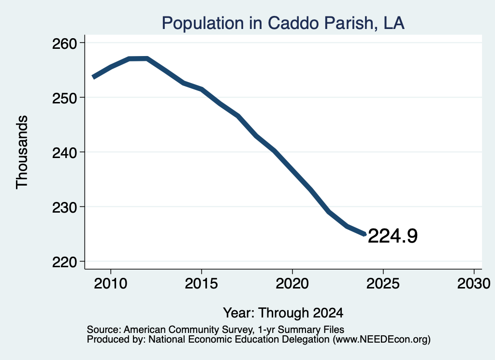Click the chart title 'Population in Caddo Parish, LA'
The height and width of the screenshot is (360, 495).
point(283,23)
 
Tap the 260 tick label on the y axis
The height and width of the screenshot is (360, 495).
point(64,43)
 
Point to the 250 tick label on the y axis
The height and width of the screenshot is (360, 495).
point(64,98)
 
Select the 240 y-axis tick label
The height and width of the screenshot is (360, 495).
point(64,153)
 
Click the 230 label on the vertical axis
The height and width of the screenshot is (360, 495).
point(64,208)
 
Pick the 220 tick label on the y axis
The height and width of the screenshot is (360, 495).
point(64,262)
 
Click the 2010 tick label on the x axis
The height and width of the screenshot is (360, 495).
point(111,283)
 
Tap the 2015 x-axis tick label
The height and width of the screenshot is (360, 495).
point(202,283)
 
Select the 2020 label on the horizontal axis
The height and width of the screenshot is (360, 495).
point(292,283)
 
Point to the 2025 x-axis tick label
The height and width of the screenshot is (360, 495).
point(383,283)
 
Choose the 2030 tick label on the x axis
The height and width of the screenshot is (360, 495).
point(474,283)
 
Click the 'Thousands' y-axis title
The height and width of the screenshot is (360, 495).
point(22,152)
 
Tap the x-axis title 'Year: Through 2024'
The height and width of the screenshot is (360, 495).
point(283,313)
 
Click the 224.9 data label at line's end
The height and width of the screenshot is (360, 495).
point(393,236)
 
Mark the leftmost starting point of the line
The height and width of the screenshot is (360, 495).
point(93,77)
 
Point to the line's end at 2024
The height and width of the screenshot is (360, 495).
point(365,234)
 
